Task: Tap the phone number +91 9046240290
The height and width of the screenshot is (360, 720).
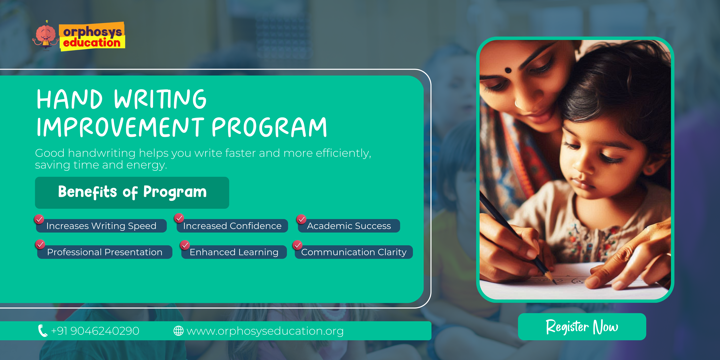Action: [x=95, y=331]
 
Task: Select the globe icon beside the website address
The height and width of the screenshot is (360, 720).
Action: [x=178, y=331]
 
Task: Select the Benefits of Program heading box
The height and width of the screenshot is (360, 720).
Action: [x=132, y=193]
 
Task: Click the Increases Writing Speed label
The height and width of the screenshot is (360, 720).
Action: [x=101, y=226]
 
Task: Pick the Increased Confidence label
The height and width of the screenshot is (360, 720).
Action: [x=232, y=226]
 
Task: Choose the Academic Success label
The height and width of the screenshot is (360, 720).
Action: [x=349, y=226]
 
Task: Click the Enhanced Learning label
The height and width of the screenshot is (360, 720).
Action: [x=234, y=252]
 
